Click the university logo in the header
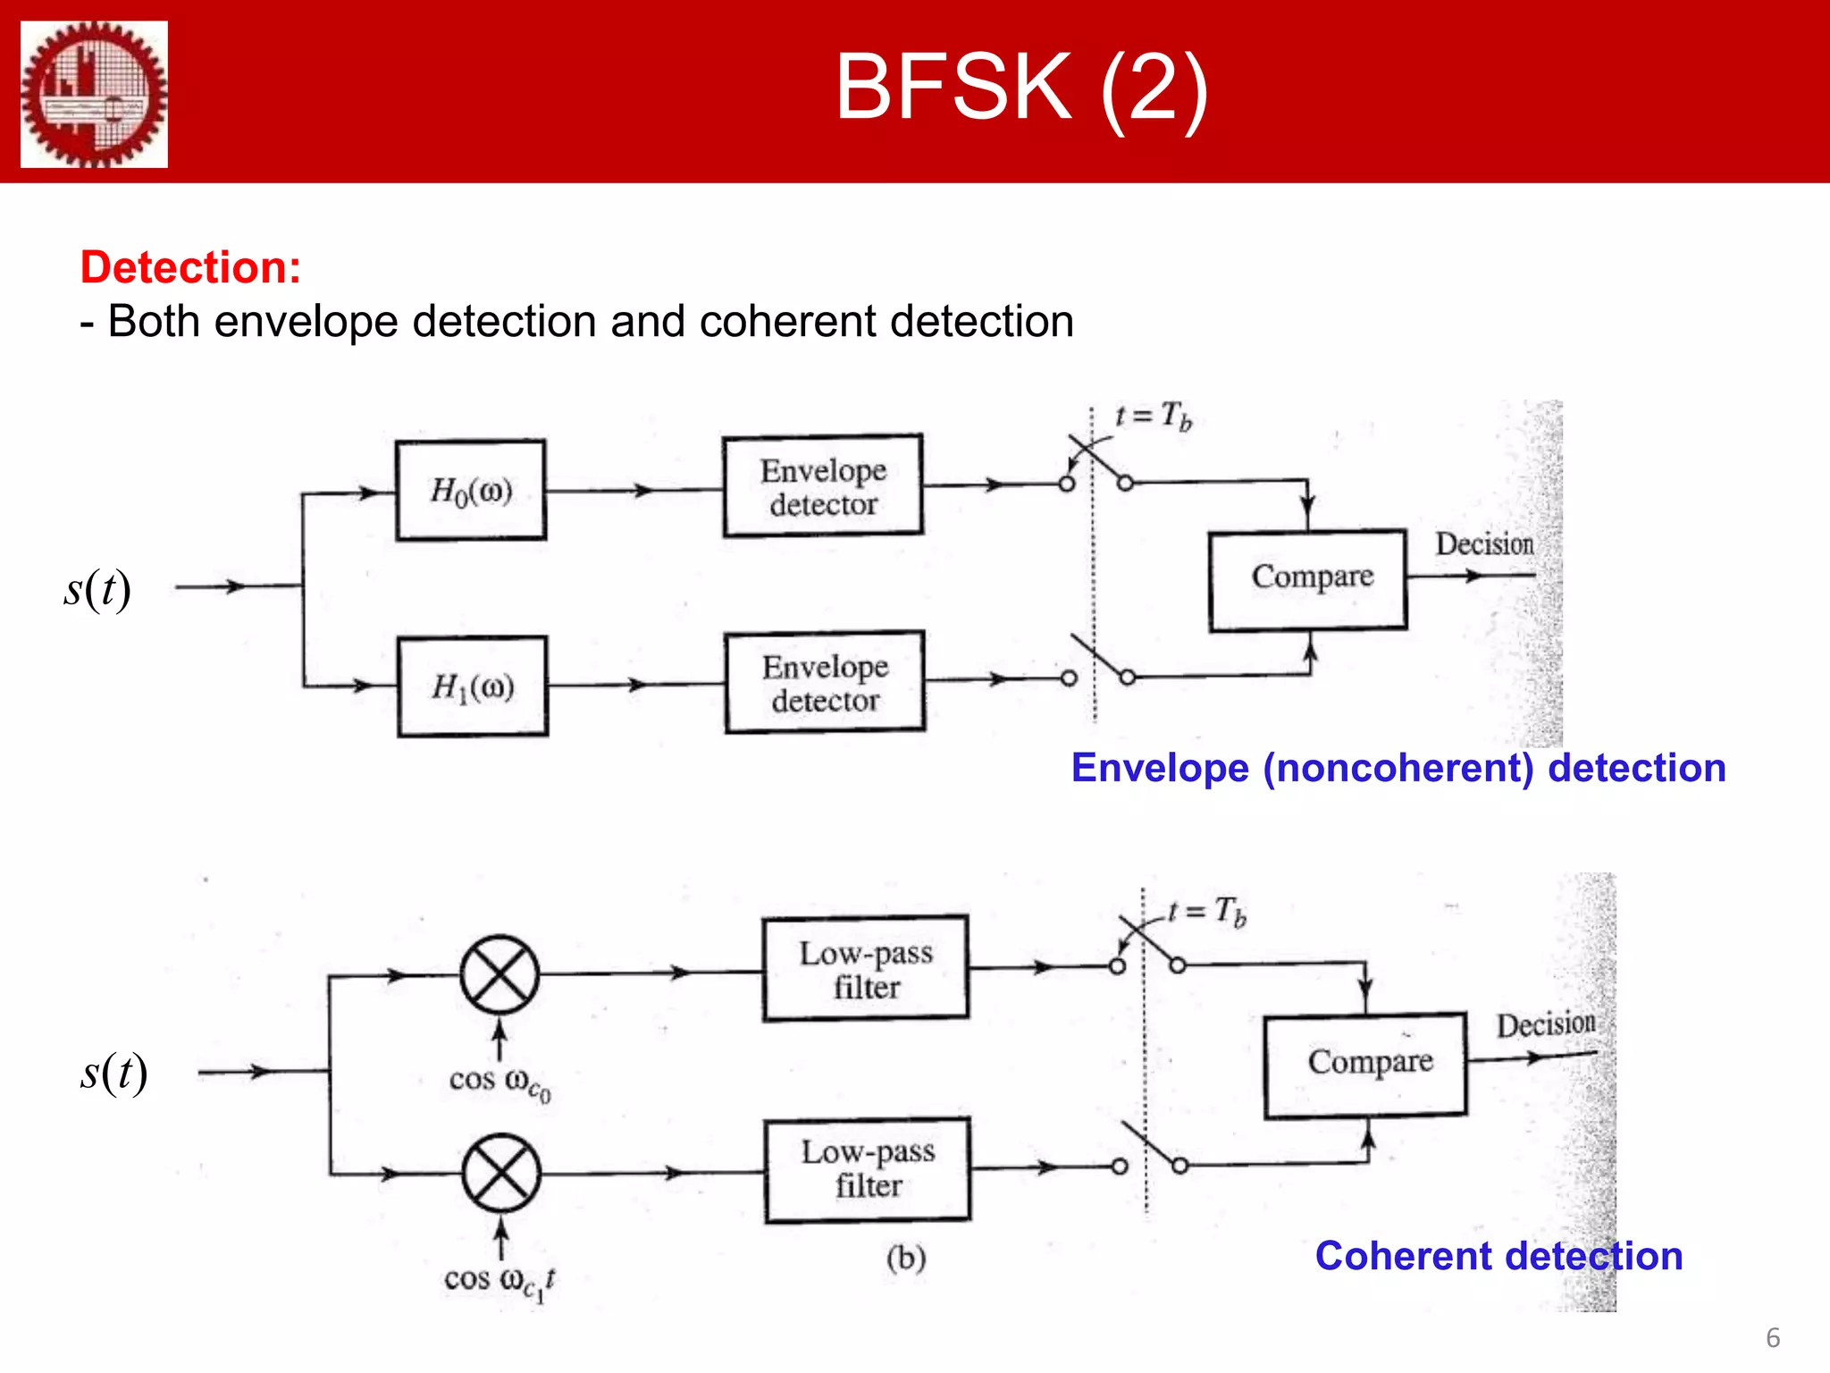(94, 94)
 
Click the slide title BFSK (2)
(1021, 87)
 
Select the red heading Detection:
(190, 267)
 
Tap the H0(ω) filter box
(471, 490)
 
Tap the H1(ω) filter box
(473, 686)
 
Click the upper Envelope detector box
(823, 486)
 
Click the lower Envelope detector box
(825, 683)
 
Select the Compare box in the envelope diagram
(1308, 579)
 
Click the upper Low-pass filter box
(866, 968)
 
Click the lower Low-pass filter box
(868, 1168)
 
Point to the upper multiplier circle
(499, 974)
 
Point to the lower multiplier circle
(501, 1173)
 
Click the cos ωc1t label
(499, 1281)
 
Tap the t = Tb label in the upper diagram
(1153, 416)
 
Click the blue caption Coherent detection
(1498, 1256)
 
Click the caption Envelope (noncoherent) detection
(1398, 768)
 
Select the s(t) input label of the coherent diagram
(113, 1072)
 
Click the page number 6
(1773, 1337)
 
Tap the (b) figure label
(905, 1258)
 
